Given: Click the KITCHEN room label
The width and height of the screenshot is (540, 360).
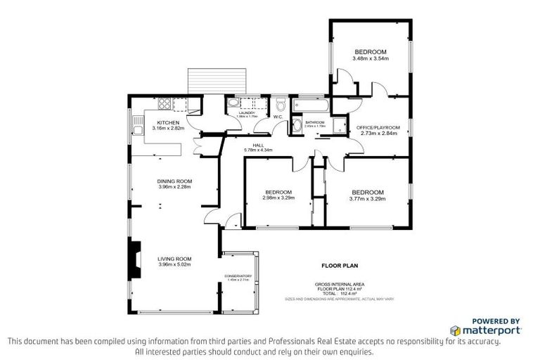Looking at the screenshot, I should [168, 123].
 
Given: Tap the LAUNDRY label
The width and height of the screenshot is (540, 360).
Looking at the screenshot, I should [245, 112].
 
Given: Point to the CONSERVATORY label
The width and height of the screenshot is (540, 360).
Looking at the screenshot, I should [238, 276].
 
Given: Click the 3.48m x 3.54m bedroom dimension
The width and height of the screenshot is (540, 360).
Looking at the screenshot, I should [371, 58].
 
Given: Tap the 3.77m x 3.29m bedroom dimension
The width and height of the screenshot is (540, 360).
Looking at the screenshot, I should [367, 198].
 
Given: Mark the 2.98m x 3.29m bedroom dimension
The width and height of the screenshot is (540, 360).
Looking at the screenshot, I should [278, 198].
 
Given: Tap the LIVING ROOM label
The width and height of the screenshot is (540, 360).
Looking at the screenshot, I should [174, 258].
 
